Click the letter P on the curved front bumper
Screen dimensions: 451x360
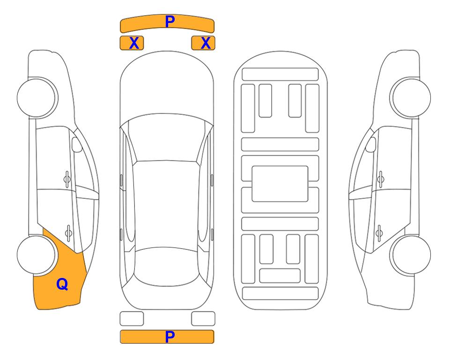click(170, 21)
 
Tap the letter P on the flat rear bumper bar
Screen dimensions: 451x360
click(170, 337)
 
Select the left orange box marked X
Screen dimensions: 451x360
click(132, 43)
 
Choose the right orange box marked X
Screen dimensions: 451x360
click(203, 43)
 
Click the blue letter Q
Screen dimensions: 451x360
click(62, 284)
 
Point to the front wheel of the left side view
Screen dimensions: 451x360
click(37, 97)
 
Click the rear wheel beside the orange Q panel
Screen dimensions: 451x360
click(37, 255)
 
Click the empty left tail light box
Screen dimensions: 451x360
click(132, 319)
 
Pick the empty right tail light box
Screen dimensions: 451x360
click(203, 319)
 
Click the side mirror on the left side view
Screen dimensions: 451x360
click(76, 144)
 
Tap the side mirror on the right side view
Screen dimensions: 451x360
click(371, 144)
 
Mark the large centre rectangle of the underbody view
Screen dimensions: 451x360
click(280, 184)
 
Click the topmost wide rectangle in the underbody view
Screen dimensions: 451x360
click(280, 75)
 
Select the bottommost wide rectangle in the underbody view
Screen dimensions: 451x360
click(280, 293)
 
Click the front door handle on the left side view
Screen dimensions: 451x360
click(67, 180)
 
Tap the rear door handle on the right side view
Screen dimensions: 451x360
click(379, 233)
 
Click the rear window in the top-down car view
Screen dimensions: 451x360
click(166, 266)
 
